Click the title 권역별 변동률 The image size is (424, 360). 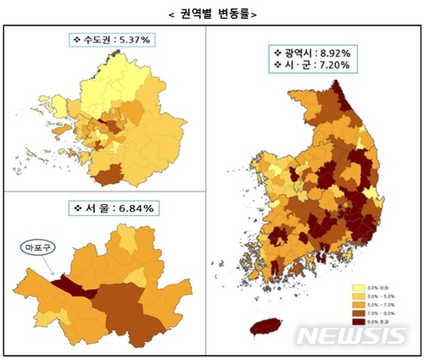[211, 13]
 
